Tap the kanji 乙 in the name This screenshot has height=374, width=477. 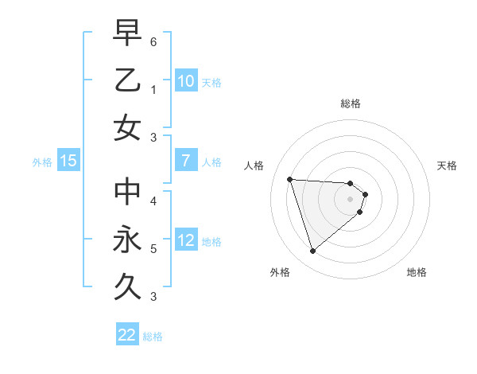(127, 80)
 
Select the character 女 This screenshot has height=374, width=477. (127, 127)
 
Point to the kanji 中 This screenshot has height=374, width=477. (127, 192)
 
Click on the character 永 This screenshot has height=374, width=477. (127, 240)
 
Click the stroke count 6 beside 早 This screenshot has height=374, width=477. (154, 41)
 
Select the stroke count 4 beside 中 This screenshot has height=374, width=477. (154, 201)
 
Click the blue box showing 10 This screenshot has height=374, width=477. (185, 80)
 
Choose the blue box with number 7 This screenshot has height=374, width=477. (185, 161)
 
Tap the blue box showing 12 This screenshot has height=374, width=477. (185, 240)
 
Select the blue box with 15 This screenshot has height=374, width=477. (68, 161)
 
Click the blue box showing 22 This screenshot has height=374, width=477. (127, 335)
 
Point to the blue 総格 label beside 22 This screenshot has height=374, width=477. (153, 337)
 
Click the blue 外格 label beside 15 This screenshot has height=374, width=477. (42, 162)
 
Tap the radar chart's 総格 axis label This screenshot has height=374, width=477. (351, 103)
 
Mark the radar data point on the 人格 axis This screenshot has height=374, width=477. (290, 179)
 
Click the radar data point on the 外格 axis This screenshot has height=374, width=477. (312, 251)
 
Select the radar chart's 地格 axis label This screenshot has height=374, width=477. (417, 273)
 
